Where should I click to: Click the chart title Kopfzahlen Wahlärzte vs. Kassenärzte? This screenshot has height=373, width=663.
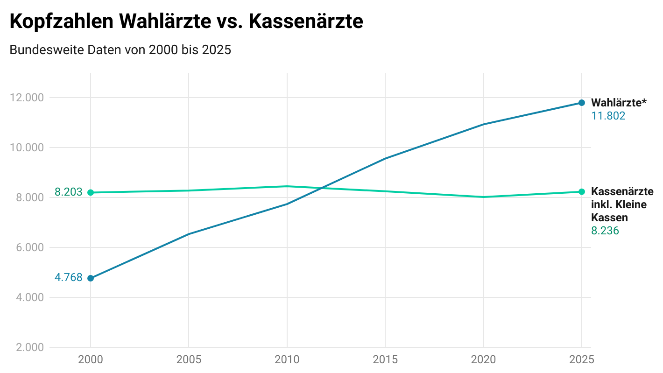(x=186, y=22)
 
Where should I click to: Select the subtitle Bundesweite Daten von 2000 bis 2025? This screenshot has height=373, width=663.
(x=120, y=49)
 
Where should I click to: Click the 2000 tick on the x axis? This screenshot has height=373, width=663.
(x=91, y=359)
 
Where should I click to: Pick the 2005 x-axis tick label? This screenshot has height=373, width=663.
(x=189, y=359)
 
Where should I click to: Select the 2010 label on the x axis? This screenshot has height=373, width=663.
(x=287, y=359)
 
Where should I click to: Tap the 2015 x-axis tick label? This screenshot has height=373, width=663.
(x=385, y=359)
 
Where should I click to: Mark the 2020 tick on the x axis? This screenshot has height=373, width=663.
(x=483, y=359)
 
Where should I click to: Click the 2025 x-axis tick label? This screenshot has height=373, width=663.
(x=581, y=359)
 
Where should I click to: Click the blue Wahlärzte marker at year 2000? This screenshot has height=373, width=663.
(x=91, y=278)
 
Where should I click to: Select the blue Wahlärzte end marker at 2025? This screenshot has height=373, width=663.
(x=581, y=103)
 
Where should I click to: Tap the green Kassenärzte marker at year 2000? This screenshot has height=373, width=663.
(x=91, y=192)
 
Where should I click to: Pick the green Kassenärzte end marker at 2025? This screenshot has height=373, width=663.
(x=581, y=191)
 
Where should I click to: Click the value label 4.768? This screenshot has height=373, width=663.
(x=68, y=278)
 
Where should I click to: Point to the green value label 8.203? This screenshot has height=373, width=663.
(x=68, y=192)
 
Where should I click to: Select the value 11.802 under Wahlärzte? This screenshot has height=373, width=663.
(x=608, y=116)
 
